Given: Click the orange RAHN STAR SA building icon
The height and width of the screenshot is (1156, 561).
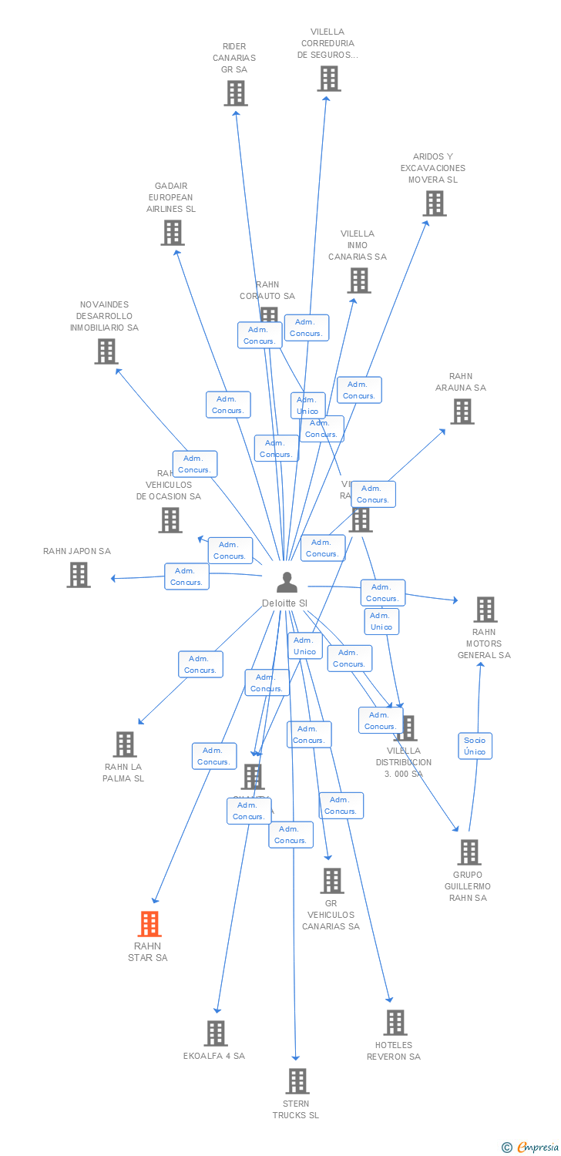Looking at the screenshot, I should pos(149,923).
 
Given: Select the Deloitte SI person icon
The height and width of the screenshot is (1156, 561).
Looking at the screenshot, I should pos(287,583).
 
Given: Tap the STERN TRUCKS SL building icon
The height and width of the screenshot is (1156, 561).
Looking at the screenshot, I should pos(297,1081).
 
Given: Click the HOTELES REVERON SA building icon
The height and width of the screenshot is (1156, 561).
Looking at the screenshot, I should pos(395,1023).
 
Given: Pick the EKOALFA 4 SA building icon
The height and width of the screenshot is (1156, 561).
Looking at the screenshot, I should pos(216,1033).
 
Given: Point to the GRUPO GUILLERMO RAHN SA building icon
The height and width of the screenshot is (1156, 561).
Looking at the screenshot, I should pos(469,852).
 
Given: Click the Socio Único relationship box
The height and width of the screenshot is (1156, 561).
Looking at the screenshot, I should pos(475,746).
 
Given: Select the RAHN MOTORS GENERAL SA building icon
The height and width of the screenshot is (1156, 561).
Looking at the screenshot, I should pos(485,610).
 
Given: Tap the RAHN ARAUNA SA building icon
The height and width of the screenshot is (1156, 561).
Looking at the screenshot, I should pos(462,412).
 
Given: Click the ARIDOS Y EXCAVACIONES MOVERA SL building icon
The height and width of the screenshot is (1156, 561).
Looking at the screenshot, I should pos(434,203).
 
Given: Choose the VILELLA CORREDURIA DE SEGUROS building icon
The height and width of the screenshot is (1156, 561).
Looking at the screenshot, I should pos(329,79).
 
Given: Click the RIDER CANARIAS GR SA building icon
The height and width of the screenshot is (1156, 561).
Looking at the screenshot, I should pos(235,93).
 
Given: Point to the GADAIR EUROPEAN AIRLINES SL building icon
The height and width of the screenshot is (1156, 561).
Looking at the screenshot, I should pos(172,233).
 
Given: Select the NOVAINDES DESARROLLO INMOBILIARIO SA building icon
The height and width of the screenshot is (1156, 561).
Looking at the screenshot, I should pos(106,351).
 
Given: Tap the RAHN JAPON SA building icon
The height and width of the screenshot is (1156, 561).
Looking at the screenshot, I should pos(78,575).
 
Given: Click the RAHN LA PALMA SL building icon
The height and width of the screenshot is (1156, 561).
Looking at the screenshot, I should pos(125,744).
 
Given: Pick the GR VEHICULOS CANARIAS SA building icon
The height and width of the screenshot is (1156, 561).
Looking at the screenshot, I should pos(331,880).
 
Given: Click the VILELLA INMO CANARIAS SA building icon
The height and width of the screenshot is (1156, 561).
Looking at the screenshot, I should pos(358,281).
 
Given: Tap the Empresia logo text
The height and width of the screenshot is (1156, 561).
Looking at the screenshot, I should pos(538,1148).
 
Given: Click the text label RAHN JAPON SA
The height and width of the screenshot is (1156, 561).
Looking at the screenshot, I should pos(77,551).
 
